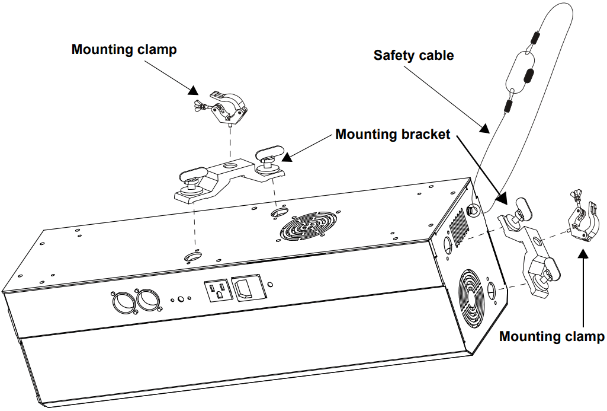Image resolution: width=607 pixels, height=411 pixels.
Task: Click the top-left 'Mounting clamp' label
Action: tap(124, 49)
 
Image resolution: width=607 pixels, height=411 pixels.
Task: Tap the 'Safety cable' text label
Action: tap(413, 55)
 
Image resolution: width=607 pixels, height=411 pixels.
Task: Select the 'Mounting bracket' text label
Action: tap(393, 134)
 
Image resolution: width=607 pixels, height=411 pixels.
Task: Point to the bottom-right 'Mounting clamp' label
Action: tap(551, 337)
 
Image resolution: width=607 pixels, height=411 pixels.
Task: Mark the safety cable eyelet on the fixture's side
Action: tap(473, 209)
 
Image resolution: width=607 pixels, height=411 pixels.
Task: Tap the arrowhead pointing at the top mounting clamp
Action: tap(193, 90)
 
